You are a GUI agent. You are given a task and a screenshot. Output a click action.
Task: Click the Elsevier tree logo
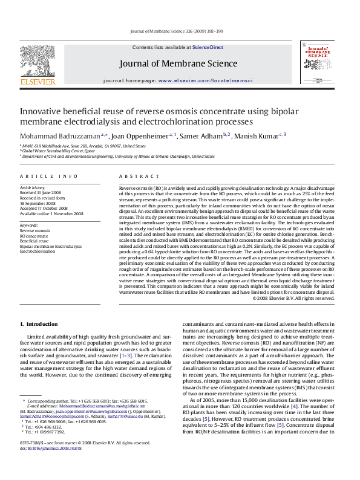(x=30, y=62)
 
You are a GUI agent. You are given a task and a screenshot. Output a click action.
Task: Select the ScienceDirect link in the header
(x=208, y=47)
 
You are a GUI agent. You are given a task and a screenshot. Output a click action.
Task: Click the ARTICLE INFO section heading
(x=48, y=176)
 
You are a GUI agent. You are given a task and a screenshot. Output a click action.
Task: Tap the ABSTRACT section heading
(x=134, y=176)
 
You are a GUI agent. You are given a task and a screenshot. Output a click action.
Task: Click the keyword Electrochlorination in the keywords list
(x=37, y=251)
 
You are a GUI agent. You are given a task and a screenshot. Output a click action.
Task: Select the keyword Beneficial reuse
(x=34, y=241)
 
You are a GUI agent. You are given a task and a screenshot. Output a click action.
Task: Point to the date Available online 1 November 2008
(x=51, y=214)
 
